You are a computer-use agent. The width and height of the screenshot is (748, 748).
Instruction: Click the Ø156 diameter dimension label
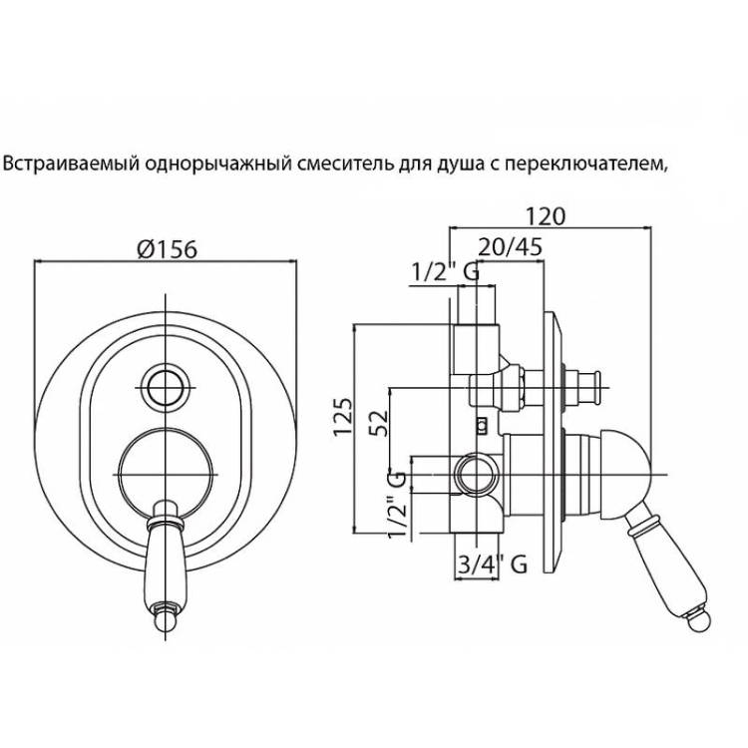pyautogui.click(x=167, y=248)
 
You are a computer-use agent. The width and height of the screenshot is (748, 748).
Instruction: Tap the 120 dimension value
pyautogui.click(x=546, y=216)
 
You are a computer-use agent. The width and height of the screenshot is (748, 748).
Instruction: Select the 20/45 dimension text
pyautogui.click(x=510, y=247)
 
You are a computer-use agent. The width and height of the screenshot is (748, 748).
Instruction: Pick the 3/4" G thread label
pyautogui.click(x=493, y=564)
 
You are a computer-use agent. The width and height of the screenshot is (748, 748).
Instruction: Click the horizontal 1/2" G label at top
pyautogui.click(x=445, y=272)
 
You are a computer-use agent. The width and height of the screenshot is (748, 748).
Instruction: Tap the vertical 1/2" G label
pyautogui.click(x=397, y=505)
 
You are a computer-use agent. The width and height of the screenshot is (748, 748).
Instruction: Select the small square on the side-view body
pyautogui.click(x=483, y=426)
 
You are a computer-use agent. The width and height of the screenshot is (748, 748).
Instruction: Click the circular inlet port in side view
pyautogui.click(x=476, y=475)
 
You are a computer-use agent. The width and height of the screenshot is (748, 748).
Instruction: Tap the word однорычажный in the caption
pyautogui.click(x=218, y=165)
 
